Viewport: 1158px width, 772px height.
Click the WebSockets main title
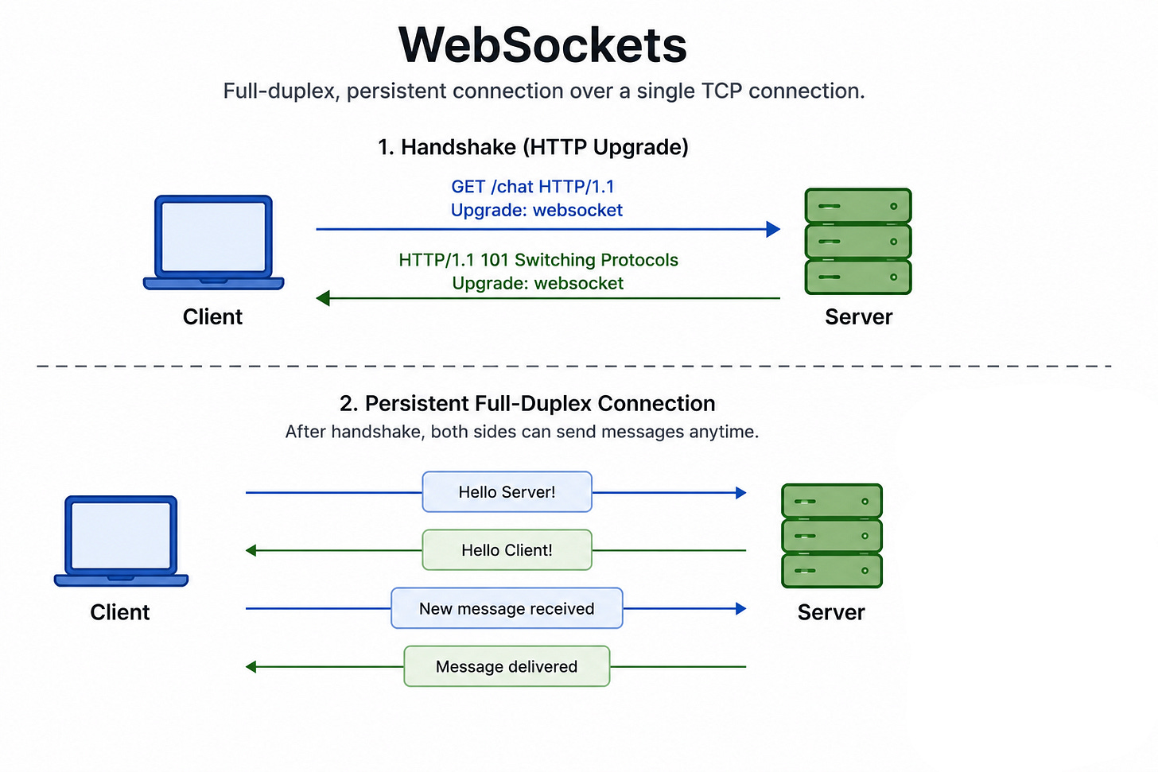[x=542, y=45]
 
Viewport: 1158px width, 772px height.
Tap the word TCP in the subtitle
[x=721, y=91]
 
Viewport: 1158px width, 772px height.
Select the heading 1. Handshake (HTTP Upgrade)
[x=533, y=147]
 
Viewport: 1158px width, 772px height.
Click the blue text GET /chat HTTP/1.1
[x=533, y=187]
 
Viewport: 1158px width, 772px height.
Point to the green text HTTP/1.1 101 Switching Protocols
[x=538, y=259]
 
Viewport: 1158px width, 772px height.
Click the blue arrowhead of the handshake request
[x=773, y=229]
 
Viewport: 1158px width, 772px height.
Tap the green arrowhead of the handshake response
[x=323, y=298]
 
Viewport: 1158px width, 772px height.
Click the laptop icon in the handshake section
[x=213, y=242]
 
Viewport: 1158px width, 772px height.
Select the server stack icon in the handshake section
[x=858, y=242]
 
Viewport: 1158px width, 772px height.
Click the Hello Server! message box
[x=507, y=492]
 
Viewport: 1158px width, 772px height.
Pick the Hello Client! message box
[x=507, y=550]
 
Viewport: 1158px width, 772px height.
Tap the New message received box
[x=507, y=608]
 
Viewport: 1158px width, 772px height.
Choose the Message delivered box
[x=507, y=666]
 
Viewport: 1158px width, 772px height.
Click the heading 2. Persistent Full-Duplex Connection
[x=527, y=404]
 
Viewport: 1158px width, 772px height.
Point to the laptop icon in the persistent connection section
[x=121, y=541]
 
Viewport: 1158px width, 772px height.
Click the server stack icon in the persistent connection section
[x=832, y=536]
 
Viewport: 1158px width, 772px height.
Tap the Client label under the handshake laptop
[x=212, y=316]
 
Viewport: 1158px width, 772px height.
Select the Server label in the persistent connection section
[x=831, y=612]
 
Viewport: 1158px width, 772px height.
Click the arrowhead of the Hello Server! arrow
[x=741, y=492]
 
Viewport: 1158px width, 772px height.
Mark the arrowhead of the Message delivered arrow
[x=251, y=666]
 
